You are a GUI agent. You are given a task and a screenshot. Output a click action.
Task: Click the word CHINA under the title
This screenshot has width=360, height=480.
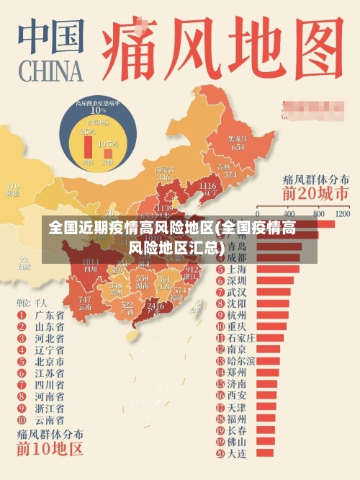click(48, 70)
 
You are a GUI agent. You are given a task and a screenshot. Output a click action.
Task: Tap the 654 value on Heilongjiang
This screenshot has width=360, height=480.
click(238, 146)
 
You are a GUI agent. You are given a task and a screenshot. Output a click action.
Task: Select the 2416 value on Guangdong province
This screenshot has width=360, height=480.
click(155, 306)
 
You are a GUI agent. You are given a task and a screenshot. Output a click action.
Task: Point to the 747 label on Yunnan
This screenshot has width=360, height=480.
click(85, 299)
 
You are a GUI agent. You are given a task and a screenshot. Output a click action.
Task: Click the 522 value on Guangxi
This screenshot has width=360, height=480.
click(127, 306)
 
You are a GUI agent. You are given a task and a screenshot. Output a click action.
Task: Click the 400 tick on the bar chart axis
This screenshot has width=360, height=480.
click(290, 214)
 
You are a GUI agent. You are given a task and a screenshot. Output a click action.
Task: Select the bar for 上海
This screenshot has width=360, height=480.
click(277, 269)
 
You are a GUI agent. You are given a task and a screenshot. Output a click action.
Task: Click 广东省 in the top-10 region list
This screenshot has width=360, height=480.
click(50, 315)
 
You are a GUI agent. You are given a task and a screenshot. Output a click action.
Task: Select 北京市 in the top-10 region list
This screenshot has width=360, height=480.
click(50, 361)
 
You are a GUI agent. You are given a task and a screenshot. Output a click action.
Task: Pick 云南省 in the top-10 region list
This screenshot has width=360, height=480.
click(50, 419)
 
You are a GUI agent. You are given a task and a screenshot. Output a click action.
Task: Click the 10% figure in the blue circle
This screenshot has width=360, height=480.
click(98, 110)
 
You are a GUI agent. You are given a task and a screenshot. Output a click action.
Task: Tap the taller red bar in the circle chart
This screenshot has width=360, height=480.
click(89, 147)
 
